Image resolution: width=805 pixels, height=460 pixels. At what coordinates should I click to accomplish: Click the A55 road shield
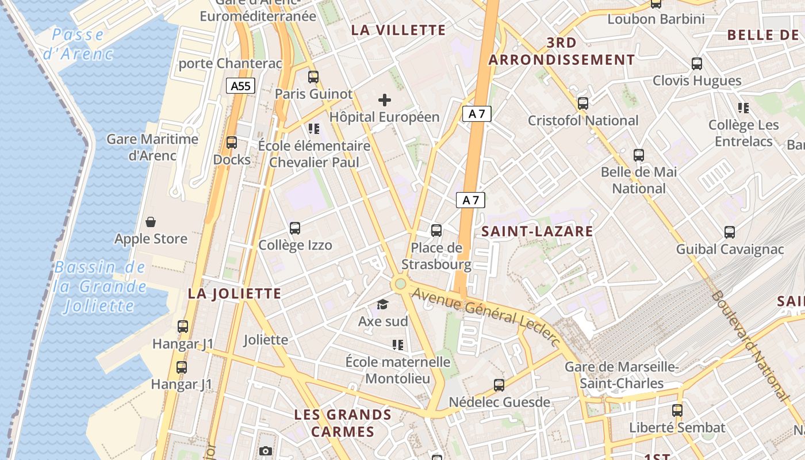240,86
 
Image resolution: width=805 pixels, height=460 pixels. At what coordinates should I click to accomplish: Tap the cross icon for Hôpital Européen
385,101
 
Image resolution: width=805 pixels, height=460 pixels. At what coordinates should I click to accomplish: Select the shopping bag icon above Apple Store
151,222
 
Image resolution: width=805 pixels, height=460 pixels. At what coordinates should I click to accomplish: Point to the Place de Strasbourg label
436,256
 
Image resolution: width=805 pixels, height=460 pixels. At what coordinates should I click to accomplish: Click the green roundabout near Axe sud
400,283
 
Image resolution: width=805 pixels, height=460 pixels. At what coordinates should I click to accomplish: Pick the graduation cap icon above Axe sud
382,304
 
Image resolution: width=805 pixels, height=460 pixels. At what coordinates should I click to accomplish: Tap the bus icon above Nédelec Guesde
499,385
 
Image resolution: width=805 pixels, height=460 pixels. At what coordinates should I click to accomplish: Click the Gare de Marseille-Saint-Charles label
622,375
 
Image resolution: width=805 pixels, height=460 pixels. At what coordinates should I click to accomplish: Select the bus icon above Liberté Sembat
677,411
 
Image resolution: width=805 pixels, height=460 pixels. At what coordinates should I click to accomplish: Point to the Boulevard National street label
750,345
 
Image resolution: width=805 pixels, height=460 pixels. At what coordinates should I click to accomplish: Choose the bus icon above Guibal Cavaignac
730,232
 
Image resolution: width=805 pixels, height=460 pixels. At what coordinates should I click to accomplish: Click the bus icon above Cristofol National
583,103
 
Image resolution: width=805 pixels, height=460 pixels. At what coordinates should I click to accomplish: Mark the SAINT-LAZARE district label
537,232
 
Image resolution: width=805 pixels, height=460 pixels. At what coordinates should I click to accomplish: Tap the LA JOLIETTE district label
235,294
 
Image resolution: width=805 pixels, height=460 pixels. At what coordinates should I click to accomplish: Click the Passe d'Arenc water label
78,44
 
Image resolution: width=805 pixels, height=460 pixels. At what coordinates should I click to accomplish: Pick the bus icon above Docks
232,143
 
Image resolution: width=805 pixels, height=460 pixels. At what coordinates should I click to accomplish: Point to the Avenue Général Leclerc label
486,316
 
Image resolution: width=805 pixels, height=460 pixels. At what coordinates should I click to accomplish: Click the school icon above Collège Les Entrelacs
743,108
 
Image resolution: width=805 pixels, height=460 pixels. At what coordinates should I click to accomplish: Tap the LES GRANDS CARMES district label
343,423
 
